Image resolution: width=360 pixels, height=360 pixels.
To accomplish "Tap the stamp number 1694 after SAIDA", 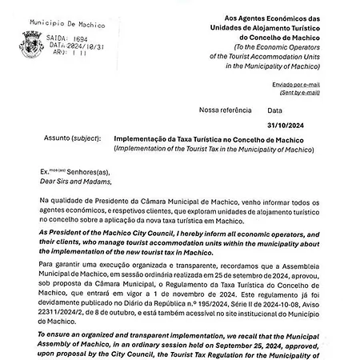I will (x=77, y=37).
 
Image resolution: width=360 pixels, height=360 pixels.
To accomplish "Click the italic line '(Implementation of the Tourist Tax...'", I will (x=221, y=148).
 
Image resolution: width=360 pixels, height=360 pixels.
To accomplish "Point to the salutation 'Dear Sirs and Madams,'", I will (x=78, y=180).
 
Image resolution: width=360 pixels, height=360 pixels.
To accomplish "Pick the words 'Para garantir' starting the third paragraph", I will (x=62, y=262).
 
